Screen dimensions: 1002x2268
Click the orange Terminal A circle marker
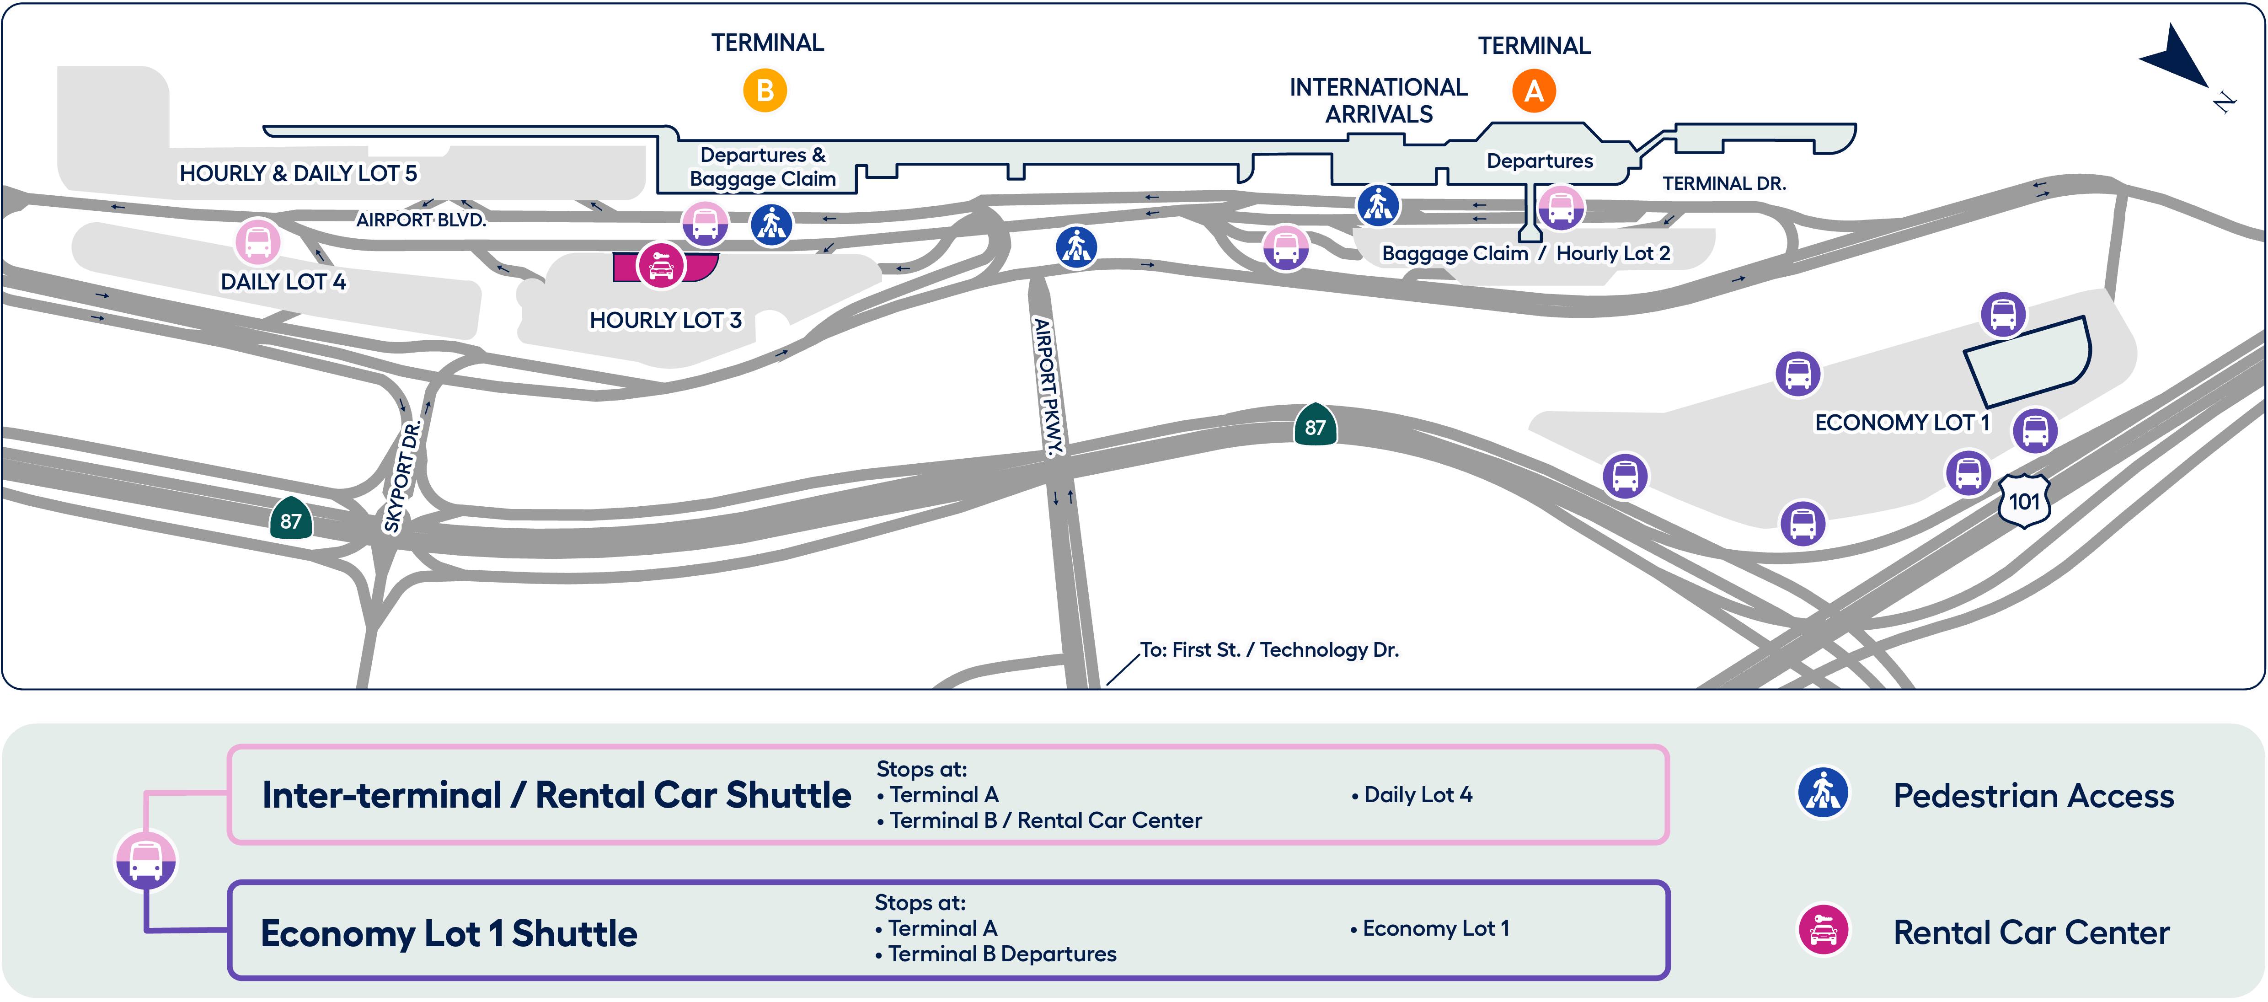1534,91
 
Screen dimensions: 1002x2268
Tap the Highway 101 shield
2024,501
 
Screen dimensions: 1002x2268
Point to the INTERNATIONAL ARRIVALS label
1379,100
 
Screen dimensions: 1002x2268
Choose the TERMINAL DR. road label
1724,183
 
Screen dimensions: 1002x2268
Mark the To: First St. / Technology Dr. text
1269,650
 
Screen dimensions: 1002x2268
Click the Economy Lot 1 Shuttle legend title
449,933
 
